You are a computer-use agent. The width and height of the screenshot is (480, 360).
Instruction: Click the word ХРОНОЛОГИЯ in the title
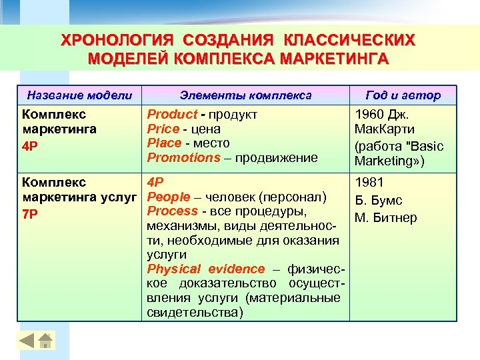(114, 40)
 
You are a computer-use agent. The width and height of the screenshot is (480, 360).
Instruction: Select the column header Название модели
(79, 95)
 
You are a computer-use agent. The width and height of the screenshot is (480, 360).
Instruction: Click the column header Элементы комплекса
(247, 95)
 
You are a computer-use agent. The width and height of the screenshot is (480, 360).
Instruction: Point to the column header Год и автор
(403, 95)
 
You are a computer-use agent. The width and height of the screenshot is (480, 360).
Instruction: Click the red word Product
(172, 115)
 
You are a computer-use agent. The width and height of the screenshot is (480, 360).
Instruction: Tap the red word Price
(163, 129)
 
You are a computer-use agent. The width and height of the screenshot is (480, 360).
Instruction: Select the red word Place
(164, 143)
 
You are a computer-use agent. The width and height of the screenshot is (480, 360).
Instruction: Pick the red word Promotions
(183, 157)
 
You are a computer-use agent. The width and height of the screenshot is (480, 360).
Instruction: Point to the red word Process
(172, 211)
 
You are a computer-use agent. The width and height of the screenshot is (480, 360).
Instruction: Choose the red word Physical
(173, 269)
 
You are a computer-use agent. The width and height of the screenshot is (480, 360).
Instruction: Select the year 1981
(368, 183)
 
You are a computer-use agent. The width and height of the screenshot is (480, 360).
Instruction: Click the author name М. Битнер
(386, 218)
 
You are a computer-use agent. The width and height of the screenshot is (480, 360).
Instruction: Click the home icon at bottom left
(45, 341)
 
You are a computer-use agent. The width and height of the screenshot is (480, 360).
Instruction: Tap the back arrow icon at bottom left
(27, 341)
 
